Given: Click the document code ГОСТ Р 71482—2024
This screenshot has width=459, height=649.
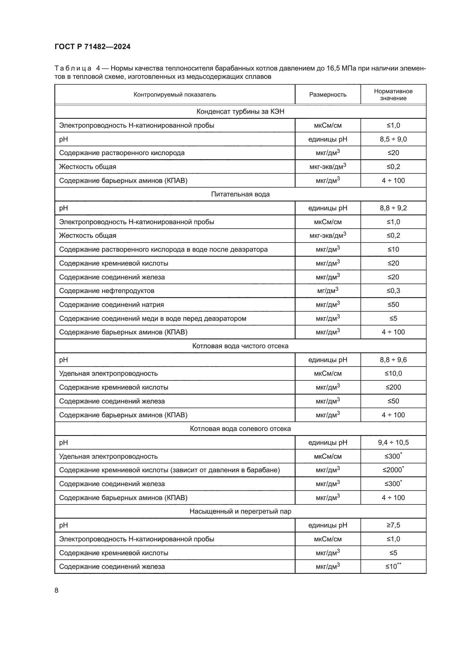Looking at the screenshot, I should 92,47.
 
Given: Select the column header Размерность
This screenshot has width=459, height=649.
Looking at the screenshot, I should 327,95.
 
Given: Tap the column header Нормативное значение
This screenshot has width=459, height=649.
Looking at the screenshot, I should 393,95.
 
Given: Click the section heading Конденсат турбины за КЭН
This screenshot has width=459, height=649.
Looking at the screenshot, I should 240,112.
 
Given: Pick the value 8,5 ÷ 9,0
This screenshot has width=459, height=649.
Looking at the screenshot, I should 393,139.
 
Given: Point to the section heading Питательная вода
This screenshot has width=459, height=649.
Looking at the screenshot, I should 240,194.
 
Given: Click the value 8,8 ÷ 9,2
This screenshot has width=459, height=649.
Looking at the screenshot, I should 393,208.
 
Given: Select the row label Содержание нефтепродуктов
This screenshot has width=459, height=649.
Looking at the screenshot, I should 107,291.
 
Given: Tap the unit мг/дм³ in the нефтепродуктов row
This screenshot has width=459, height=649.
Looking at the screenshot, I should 327,291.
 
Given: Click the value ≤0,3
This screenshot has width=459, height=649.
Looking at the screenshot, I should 393,291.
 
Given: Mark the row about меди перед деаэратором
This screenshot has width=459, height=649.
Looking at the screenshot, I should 153,319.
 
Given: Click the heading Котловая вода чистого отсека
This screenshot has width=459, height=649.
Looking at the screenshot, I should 240,346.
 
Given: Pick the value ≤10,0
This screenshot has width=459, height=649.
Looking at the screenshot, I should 393,373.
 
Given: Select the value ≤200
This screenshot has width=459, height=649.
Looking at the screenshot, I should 393,387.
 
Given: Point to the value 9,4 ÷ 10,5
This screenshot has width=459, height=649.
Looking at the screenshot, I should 393,442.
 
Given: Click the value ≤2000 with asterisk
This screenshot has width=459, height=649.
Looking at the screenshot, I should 393,470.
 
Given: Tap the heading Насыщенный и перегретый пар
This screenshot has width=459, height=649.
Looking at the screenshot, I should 240,511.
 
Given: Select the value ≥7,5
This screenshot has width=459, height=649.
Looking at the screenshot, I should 393,525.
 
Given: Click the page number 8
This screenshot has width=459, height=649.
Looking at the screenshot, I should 57,590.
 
